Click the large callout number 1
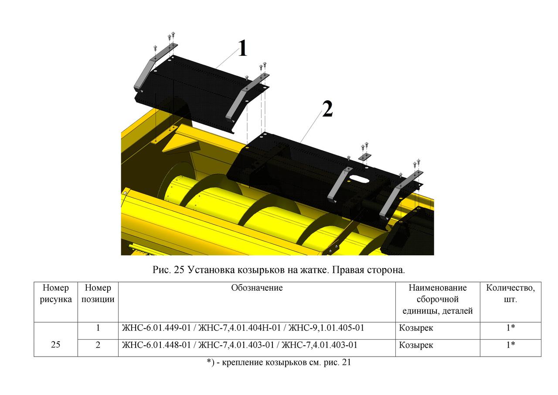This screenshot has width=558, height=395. coord(242,48)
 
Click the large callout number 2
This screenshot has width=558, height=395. coord(327,109)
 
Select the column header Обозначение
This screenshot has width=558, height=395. coord(257,288)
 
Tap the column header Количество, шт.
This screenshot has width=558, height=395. coord(510,293)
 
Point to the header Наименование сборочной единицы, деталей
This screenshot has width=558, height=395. coord(437,299)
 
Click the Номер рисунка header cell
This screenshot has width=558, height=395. coord(55,293)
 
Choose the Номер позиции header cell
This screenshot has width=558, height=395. coord(98,293)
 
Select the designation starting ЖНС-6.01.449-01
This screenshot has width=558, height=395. coord(243,328)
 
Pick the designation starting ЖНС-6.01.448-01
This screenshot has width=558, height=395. coord(239,345)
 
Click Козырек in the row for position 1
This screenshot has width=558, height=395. coord(416,328)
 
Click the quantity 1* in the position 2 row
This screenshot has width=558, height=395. coord(510,345)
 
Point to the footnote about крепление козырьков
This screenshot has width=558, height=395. coord(279,362)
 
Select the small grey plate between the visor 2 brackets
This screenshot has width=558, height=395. coord(365,157)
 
